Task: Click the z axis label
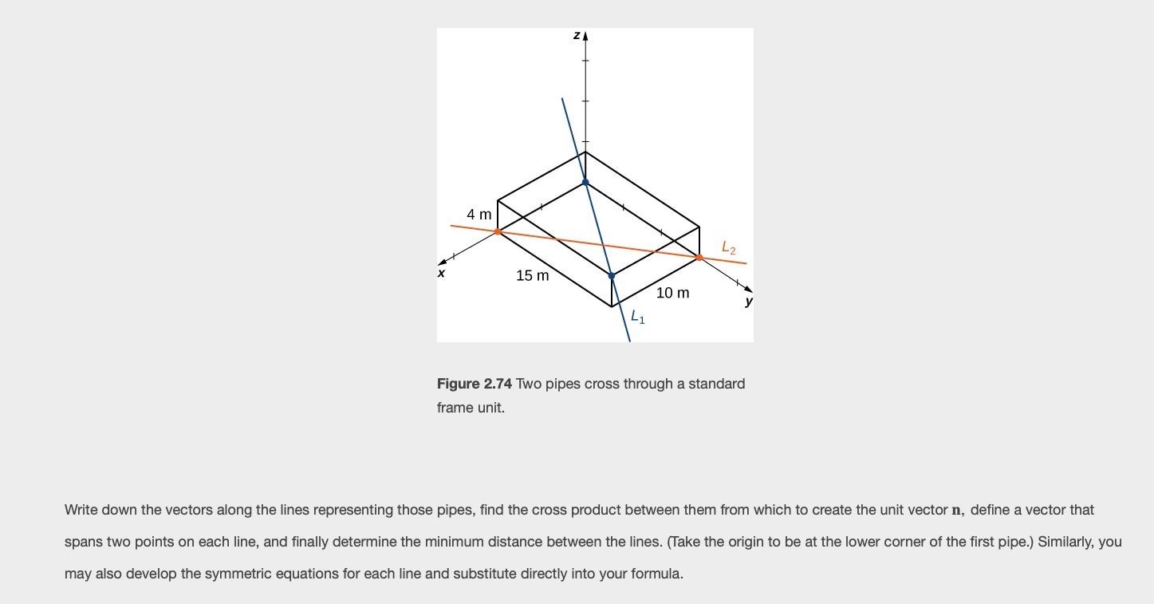coord(576,35)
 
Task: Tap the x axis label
coord(441,273)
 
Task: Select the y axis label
coord(748,301)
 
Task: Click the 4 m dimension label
coord(479,214)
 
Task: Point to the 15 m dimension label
coord(532,275)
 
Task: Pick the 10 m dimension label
coord(672,293)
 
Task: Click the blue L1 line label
coord(637,317)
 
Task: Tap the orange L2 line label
coord(728,247)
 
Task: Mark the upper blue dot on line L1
coord(585,183)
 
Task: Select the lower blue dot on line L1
coord(612,276)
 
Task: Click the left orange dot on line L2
coord(498,232)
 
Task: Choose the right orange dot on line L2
coord(699,258)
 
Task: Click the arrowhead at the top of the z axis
coord(585,36)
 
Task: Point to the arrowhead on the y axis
coord(748,289)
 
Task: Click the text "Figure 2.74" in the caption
coord(474,384)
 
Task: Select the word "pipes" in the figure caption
coord(565,384)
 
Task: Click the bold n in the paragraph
coord(956,510)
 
